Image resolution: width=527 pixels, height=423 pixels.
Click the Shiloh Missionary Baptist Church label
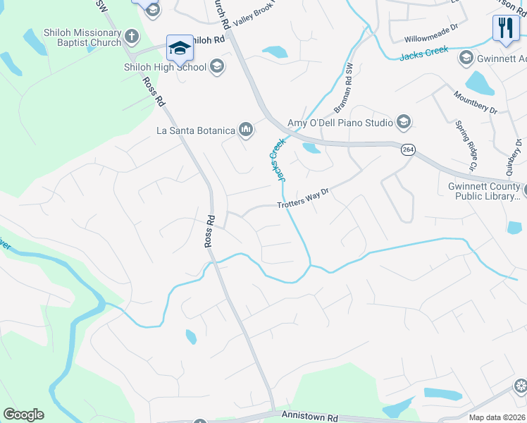point(62,37)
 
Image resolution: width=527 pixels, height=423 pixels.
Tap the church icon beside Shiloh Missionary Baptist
point(131,36)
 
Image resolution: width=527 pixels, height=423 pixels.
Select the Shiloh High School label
point(166,67)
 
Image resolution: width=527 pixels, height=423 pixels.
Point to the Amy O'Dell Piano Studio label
point(340,123)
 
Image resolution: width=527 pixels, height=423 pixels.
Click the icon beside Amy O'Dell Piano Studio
point(403,123)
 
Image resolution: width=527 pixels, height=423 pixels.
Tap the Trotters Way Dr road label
point(303,199)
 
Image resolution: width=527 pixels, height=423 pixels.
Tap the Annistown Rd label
point(309,417)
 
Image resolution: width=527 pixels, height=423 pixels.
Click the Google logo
point(23,415)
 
